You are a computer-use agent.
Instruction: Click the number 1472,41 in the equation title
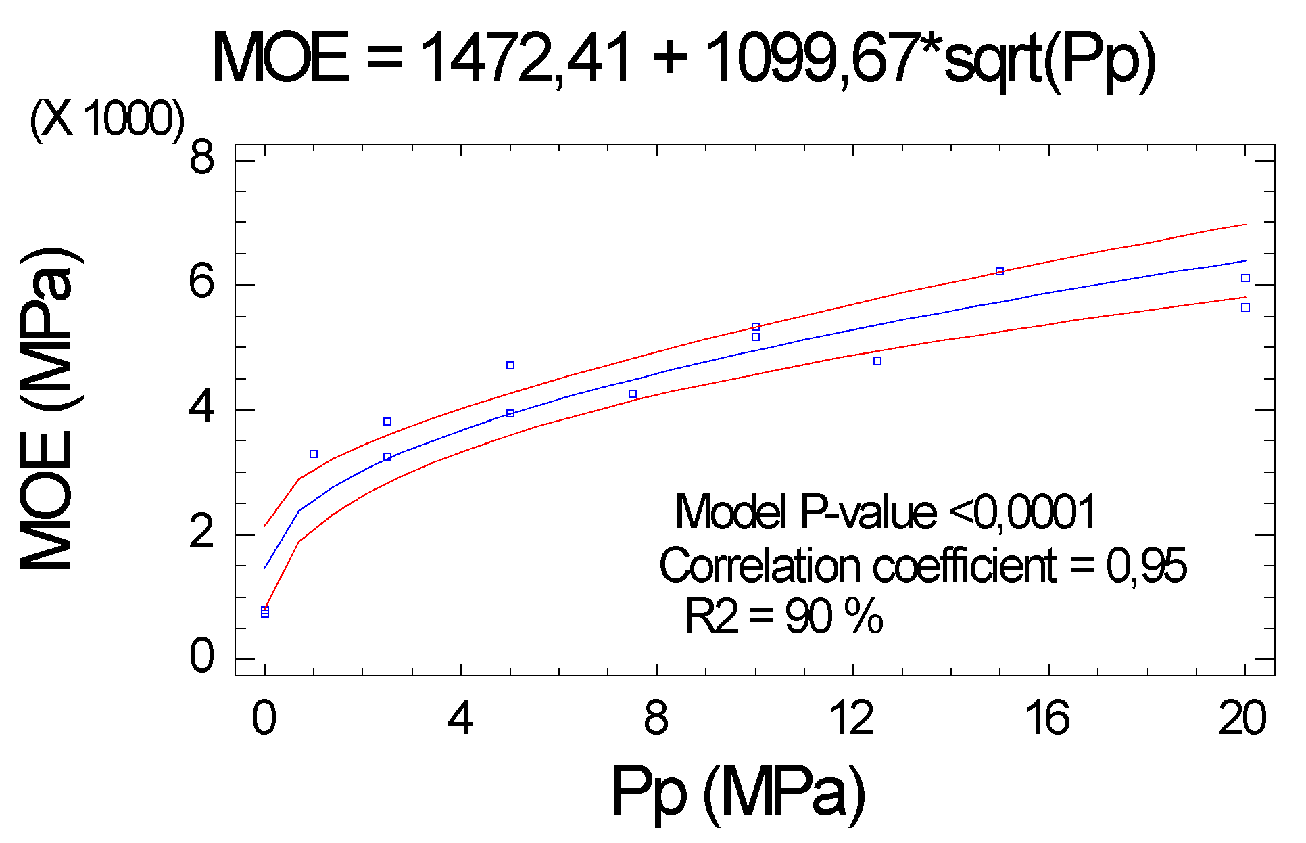tap(526, 60)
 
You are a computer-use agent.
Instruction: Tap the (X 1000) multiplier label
tap(107, 120)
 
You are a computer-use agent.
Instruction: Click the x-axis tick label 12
tap(852, 719)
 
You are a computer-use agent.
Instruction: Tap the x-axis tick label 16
tap(1048, 719)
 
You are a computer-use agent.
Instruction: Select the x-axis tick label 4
tap(460, 719)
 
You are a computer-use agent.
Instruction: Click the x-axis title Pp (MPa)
tap(738, 792)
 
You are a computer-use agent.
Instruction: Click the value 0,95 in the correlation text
tap(1146, 566)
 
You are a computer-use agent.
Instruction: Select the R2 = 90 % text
tap(783, 616)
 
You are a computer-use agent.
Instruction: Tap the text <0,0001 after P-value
tap(1022, 512)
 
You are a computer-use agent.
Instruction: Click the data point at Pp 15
tap(1000, 271)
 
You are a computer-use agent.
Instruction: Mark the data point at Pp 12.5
tap(877, 361)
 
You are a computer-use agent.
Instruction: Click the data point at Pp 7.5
tap(633, 394)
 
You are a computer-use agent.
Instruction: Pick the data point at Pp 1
tap(314, 454)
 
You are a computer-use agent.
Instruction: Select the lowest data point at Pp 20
tap(1245, 308)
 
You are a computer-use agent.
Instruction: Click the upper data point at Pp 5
tap(510, 365)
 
